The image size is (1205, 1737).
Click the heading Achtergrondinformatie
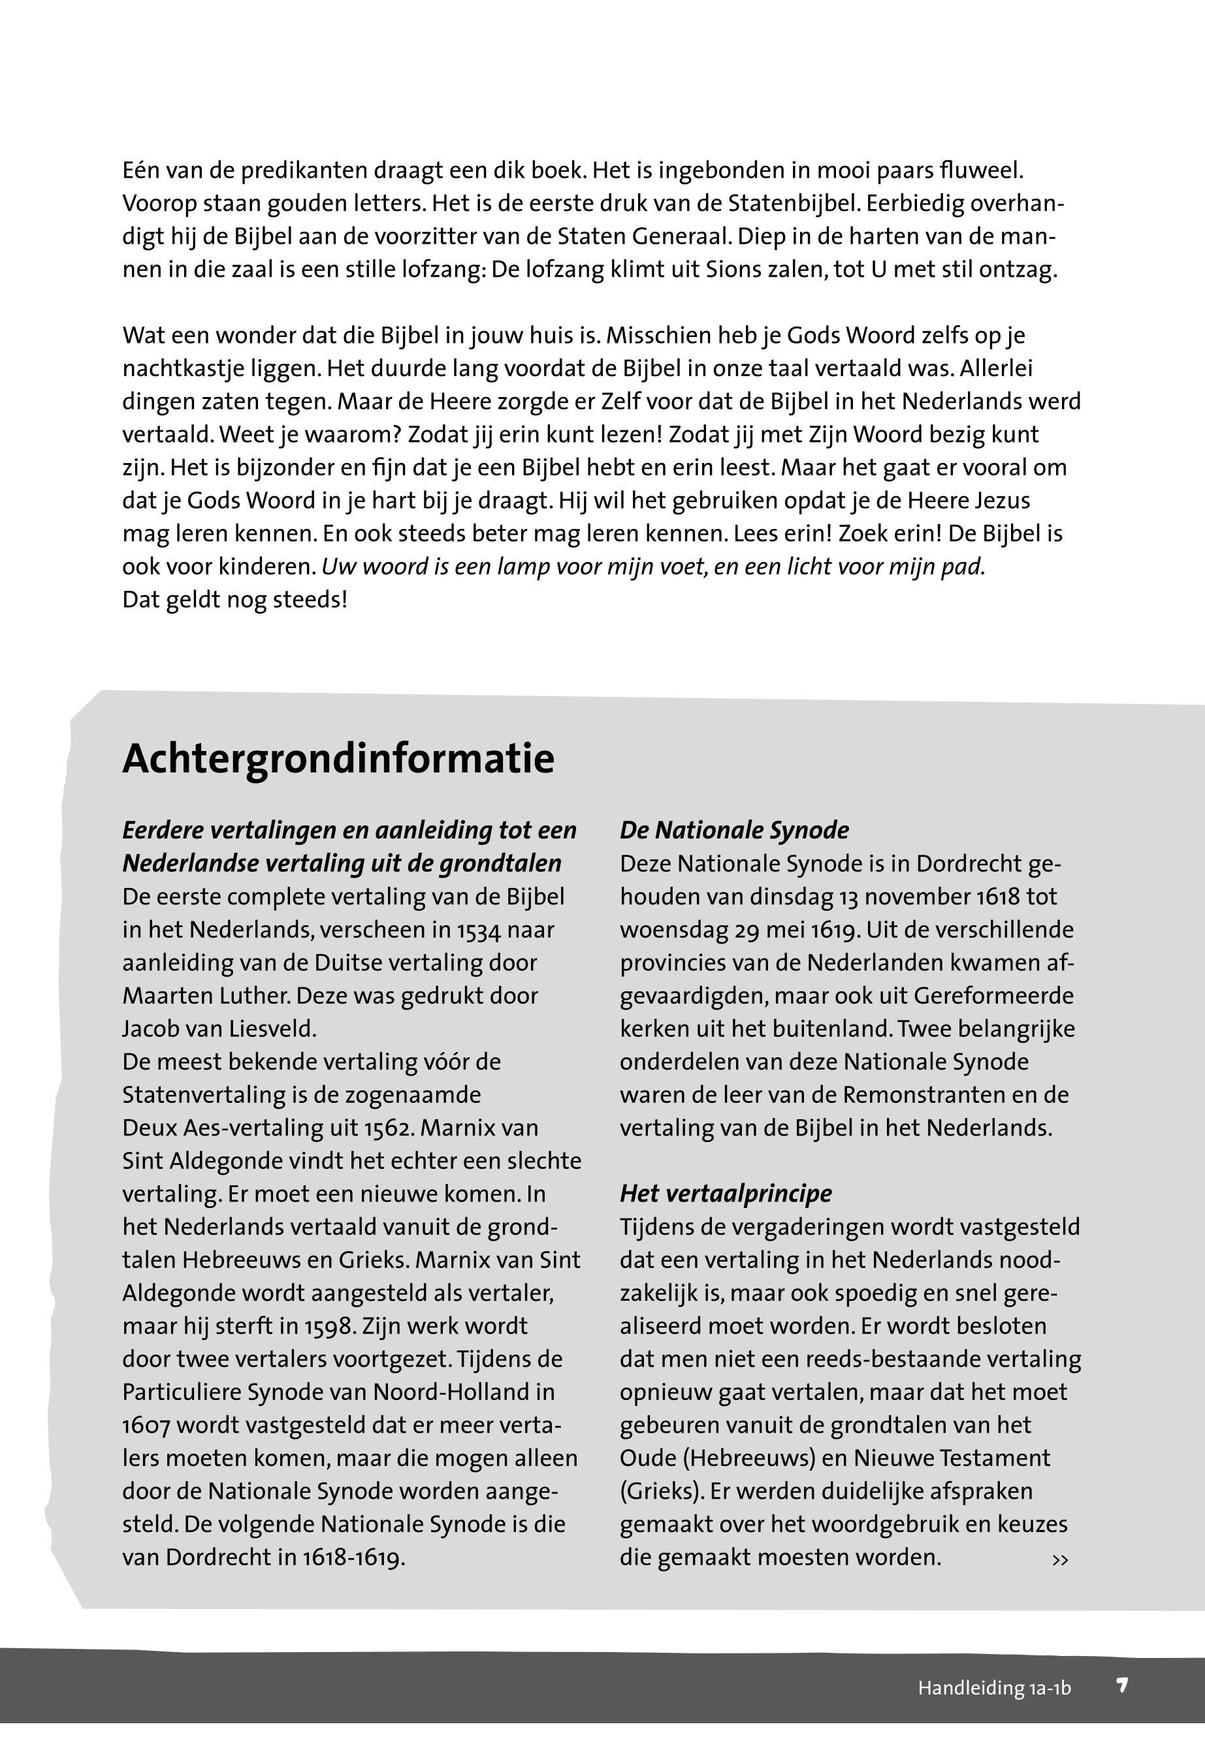click(338, 759)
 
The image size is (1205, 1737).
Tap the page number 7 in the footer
click(1122, 1685)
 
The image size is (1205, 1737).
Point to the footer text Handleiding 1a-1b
click(993, 1688)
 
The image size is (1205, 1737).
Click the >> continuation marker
click(1060, 1559)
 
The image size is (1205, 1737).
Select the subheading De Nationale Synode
click(734, 831)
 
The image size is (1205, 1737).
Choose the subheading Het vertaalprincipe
click(726, 1194)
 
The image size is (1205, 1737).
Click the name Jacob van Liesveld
click(219, 1029)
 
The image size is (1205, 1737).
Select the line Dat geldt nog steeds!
click(235, 600)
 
